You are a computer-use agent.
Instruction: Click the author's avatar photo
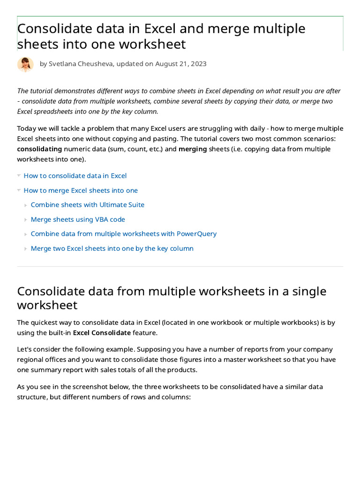(25, 64)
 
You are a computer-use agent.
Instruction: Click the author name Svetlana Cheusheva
(81, 64)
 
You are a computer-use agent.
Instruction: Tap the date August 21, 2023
(180, 64)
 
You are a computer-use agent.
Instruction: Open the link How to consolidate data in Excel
(75, 176)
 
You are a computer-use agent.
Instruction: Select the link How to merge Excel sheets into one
(81, 190)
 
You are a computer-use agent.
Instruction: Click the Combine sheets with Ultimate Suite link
(87, 205)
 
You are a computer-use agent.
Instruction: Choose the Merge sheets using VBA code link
(78, 219)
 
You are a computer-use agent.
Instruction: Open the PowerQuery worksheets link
(123, 234)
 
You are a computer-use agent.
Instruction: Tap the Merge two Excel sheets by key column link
(112, 248)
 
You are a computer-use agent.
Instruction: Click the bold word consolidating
(39, 149)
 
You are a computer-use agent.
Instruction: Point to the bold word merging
(193, 149)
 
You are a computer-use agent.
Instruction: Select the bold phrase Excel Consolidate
(102, 333)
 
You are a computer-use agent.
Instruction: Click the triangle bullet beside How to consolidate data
(19, 176)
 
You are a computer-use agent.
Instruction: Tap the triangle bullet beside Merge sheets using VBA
(26, 219)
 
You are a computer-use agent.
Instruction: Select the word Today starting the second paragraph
(27, 128)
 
